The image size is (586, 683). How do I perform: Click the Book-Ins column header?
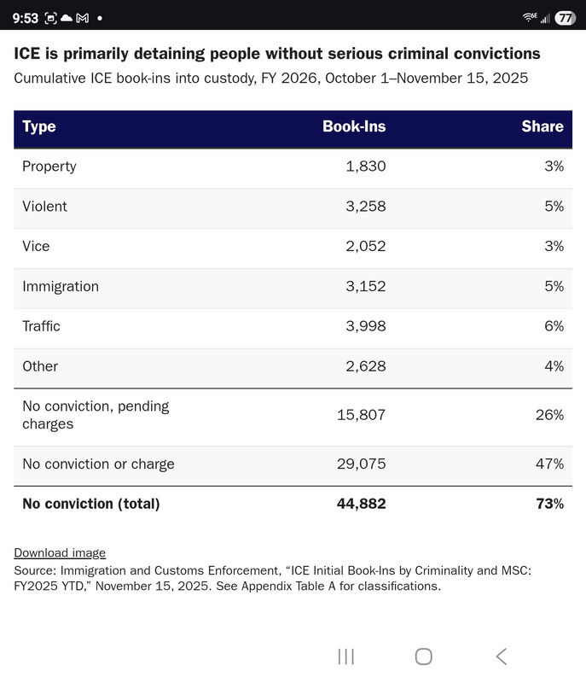[354, 126]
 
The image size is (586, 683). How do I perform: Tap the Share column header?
[542, 126]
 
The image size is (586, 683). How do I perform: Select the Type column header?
[39, 126]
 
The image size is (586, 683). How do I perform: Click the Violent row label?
[44, 206]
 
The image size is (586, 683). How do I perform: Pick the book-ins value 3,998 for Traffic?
[365, 326]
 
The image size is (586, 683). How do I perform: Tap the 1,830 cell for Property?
[365, 166]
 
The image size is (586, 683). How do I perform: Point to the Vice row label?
[36, 246]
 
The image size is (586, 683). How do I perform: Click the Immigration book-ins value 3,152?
[365, 286]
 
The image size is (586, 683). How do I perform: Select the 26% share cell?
[549, 415]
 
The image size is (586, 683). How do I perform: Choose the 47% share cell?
[549, 464]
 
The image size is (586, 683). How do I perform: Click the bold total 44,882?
[361, 504]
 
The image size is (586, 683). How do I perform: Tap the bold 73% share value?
[548, 504]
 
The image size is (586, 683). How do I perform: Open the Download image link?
[60, 553]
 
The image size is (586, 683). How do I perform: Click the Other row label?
[40, 366]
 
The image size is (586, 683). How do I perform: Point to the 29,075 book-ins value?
[361, 464]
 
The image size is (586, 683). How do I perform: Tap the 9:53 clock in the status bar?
[25, 18]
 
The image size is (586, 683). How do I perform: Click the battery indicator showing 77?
[565, 18]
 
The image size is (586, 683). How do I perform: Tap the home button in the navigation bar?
[423, 656]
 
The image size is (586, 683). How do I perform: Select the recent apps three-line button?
[345, 656]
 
